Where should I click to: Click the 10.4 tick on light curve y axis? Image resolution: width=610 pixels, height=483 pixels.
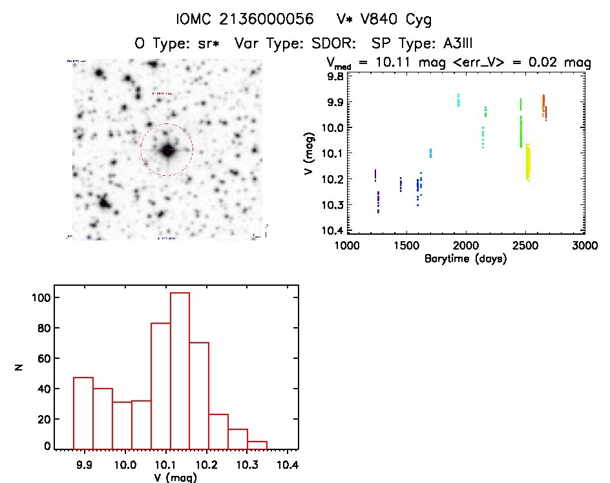[333, 231]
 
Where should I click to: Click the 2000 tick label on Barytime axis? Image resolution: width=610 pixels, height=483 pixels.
[465, 246]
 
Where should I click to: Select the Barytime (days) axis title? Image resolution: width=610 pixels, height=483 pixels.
[465, 259]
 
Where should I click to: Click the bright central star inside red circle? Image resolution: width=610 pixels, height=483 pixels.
[167, 150]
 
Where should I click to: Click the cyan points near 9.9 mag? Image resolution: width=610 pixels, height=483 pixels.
[458, 100]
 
